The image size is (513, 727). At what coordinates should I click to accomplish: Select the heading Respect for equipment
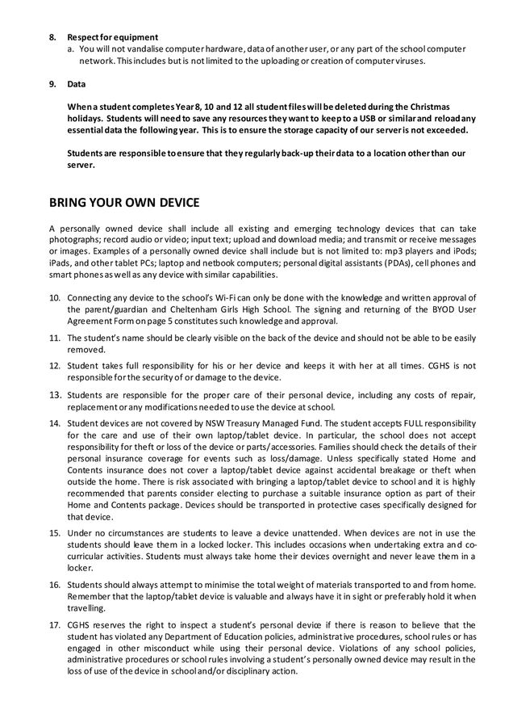pyautogui.click(x=112, y=37)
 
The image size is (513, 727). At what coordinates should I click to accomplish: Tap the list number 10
pyautogui.click(x=54, y=298)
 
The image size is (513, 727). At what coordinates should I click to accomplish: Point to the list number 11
pyautogui.click(x=54, y=338)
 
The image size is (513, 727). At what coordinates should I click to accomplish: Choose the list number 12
pyautogui.click(x=54, y=366)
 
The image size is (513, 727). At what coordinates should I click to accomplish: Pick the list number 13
pyautogui.click(x=54, y=395)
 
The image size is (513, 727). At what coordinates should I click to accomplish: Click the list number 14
pyautogui.click(x=54, y=422)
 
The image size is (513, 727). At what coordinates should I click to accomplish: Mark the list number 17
pyautogui.click(x=54, y=625)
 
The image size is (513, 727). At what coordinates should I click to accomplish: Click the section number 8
pyautogui.click(x=52, y=37)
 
